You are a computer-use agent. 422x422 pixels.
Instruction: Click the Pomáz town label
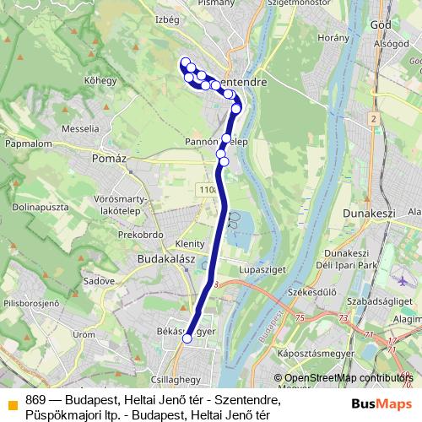point(112,159)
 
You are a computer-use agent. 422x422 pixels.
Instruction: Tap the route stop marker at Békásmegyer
point(187,338)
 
